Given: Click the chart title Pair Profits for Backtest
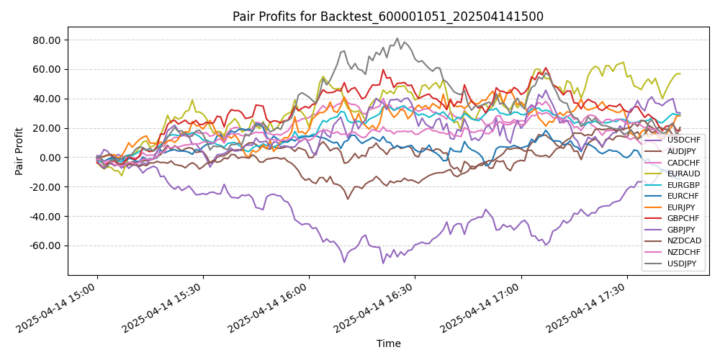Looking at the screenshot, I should coord(387,17).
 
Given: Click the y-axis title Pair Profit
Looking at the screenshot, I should coord(21,151).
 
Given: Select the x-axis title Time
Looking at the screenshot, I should coord(388,343).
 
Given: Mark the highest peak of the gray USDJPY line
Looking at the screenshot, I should coord(397,38).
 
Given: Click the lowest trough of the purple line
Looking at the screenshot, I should coord(383,263).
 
